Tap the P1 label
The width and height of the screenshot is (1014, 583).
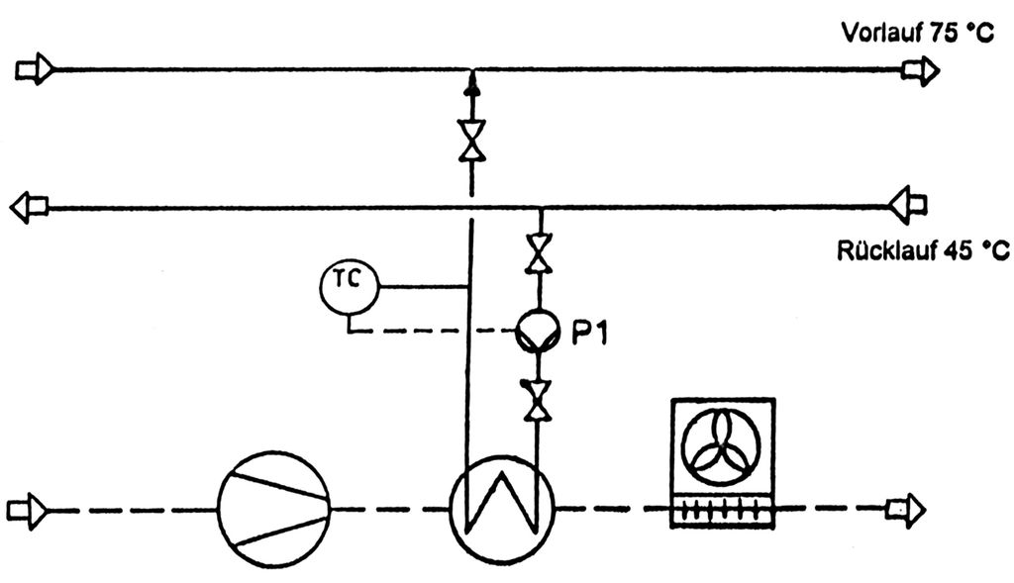pos(591,333)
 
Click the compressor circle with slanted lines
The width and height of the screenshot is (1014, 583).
pos(274,510)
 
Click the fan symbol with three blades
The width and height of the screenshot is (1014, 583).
pos(723,444)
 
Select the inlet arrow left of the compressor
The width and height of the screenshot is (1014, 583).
pos(26,510)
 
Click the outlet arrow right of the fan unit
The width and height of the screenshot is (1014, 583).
pos(904,510)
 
